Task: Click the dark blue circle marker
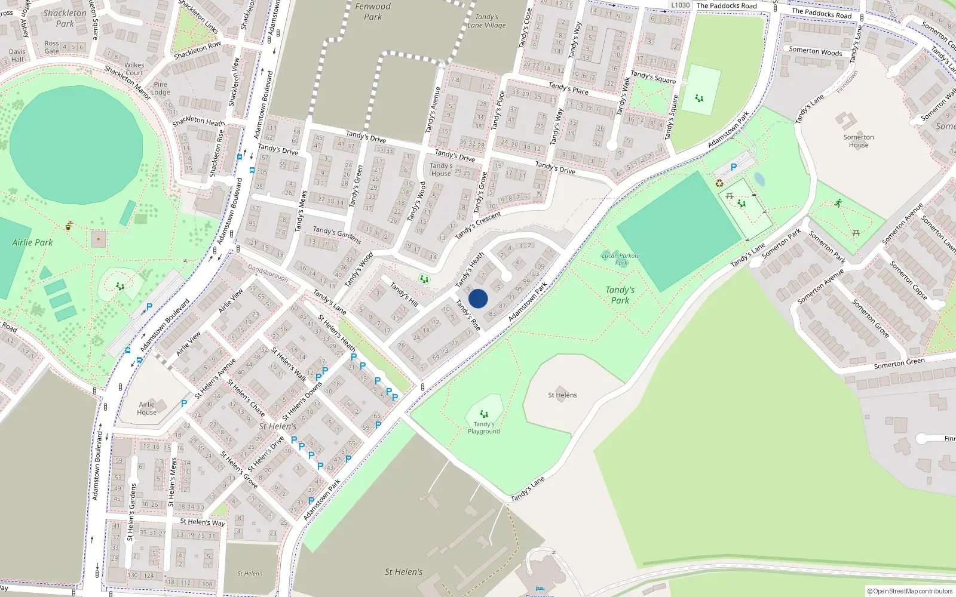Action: point(478,298)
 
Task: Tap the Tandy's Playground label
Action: point(484,427)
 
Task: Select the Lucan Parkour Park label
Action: point(621,259)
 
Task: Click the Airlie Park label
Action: point(32,242)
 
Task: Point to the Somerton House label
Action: point(859,141)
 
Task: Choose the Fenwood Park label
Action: point(373,11)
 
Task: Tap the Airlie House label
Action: point(146,408)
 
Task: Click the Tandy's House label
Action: point(441,170)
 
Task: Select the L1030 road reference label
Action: point(680,5)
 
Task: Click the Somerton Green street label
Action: point(899,363)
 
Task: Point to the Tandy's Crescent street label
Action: point(477,226)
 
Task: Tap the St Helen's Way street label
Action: point(203,522)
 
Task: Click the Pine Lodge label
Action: point(160,88)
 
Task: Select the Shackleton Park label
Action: point(65,19)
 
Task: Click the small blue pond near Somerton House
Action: point(759,179)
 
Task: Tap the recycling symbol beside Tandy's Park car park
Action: point(719,183)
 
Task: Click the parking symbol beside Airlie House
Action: point(184,404)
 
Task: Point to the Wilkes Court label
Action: point(134,69)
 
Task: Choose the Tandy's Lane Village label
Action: point(486,21)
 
